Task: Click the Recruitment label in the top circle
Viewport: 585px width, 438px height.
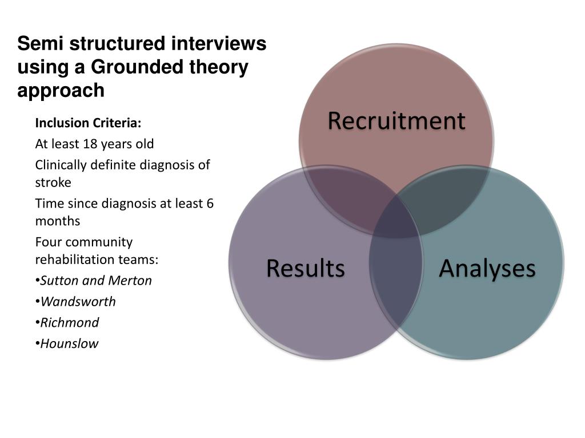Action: pyautogui.click(x=396, y=121)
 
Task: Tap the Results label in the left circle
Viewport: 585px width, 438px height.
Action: pyautogui.click(x=306, y=268)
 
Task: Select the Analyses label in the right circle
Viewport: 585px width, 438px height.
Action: pyautogui.click(x=487, y=268)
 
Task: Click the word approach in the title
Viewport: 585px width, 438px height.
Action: pyautogui.click(x=61, y=91)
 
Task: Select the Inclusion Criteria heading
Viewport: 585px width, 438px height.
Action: pyautogui.click(x=88, y=123)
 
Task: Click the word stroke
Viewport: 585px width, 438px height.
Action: pyautogui.click(x=53, y=182)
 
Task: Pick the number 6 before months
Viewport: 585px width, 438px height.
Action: pyautogui.click(x=210, y=204)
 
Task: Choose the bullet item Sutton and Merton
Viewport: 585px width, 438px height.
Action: pyautogui.click(x=96, y=281)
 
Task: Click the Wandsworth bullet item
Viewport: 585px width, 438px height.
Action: pyautogui.click(x=78, y=302)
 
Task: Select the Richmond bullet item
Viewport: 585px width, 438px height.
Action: pyautogui.click(x=70, y=323)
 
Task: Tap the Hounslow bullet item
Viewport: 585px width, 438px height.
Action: pyautogui.click(x=69, y=344)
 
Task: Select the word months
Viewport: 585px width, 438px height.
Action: pyautogui.click(x=58, y=221)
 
